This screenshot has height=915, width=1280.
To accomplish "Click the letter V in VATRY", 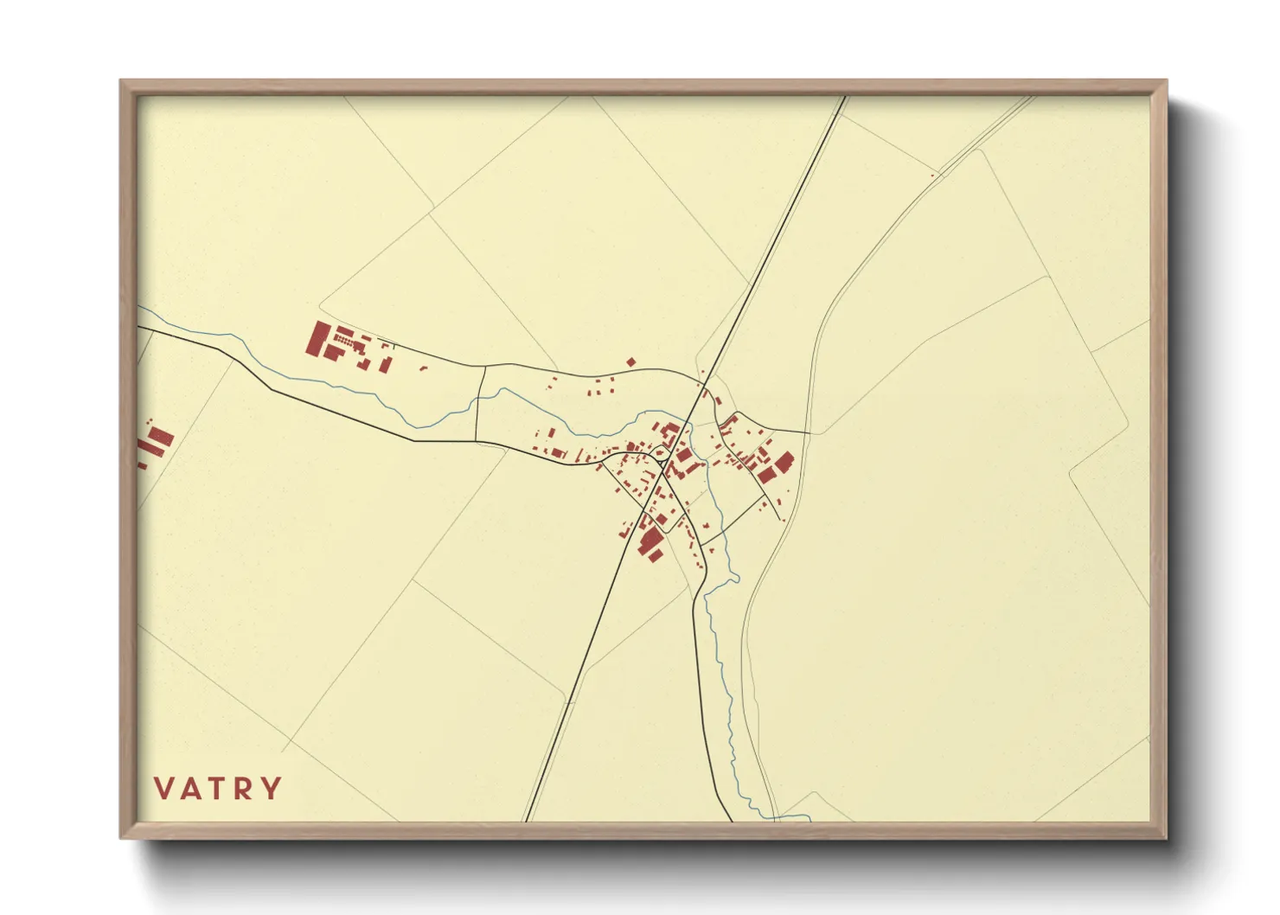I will [164, 789].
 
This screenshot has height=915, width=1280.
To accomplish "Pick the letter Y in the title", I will [272, 789].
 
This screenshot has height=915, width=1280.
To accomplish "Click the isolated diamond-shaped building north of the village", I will [631, 362].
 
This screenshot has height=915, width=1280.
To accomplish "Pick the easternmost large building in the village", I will [784, 462].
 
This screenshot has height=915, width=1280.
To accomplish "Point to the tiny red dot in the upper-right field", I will [932, 176].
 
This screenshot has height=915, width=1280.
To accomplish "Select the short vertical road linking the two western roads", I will [479, 403].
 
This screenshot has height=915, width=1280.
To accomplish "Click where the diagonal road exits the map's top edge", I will [843, 97].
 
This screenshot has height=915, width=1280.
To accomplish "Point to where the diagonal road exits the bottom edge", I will [525, 821].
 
